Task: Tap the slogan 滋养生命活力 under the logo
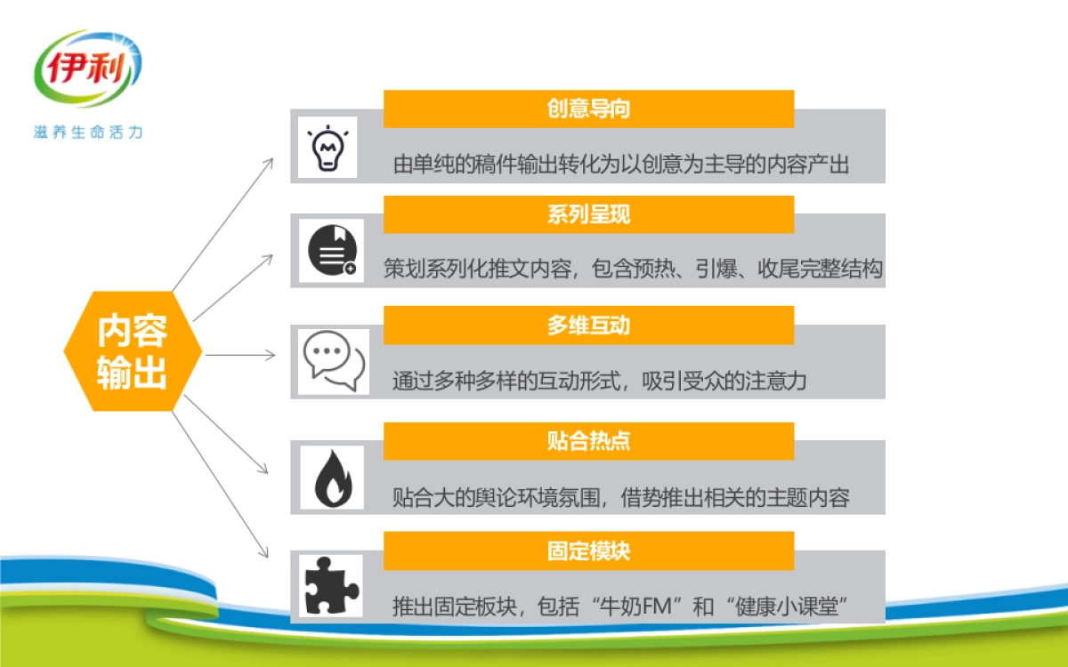(88, 133)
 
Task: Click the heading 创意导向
(588, 108)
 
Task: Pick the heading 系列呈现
(588, 214)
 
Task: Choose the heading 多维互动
(588, 325)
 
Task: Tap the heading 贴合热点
(588, 440)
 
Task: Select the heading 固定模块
(588, 550)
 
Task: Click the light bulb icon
(327, 148)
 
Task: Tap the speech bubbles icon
(334, 361)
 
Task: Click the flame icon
(332, 477)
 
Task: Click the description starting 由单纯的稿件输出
(621, 165)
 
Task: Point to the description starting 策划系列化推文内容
(633, 269)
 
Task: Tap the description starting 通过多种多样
(599, 382)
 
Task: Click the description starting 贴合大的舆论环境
(621, 497)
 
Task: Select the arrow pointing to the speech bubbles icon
(240, 355)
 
